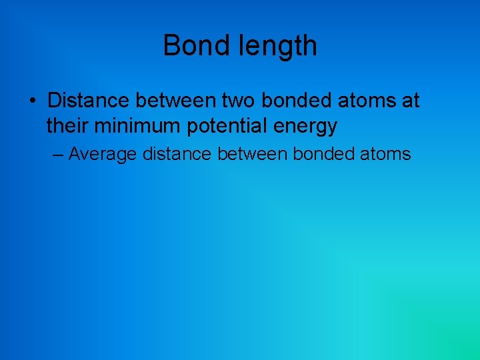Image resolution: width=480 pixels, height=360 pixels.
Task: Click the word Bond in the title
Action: point(191,46)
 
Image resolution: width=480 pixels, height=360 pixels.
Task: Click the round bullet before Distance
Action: point(32,101)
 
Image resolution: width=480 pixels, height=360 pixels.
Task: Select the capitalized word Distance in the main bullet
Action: point(87,101)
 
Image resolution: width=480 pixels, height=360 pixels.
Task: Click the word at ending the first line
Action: point(410,101)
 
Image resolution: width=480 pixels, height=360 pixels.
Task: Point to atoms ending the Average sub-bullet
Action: point(385,154)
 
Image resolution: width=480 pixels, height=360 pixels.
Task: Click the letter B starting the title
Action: point(171,46)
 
